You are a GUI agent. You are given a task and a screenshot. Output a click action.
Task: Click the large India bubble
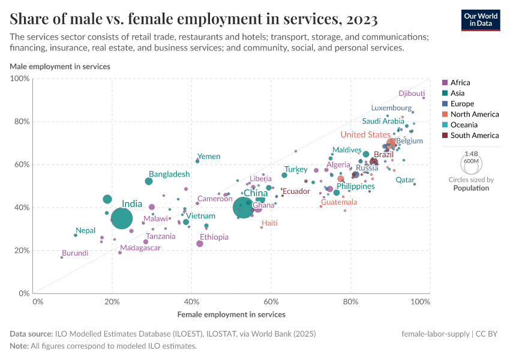coord(122,219)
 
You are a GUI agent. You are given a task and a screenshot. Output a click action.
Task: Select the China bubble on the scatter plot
coord(242,208)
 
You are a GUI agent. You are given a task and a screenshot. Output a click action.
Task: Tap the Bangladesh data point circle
coord(149,181)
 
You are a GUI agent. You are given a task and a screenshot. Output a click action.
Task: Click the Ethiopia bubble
coord(200,244)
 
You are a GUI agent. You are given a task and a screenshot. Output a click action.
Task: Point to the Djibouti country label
coord(412,94)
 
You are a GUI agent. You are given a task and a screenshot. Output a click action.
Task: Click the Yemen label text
coord(209,157)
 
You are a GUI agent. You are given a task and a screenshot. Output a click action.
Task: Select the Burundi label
coord(74,253)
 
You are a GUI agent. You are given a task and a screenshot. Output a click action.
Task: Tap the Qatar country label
coord(405,180)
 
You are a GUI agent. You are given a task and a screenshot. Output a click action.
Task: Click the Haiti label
coord(269,223)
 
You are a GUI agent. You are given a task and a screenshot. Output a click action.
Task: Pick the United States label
coord(365,135)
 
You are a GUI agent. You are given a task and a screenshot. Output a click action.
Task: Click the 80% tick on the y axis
coord(21,122)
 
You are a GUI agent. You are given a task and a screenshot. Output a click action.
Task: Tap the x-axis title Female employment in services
coord(231,314)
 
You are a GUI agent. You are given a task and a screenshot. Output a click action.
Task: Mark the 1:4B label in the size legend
coord(471,154)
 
